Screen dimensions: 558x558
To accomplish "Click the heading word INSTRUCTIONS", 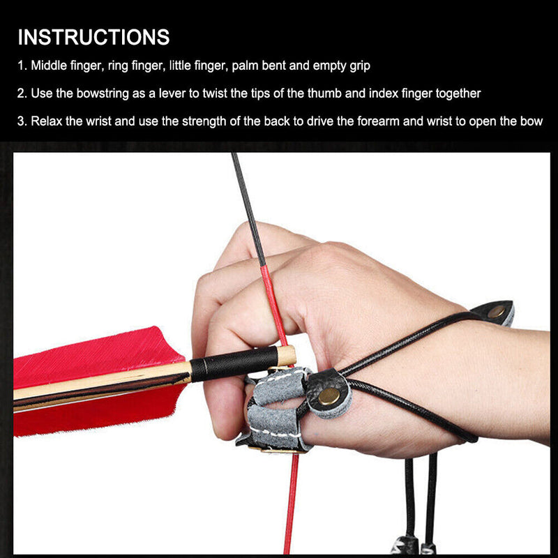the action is [93, 37].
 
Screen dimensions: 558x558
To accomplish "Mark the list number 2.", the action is [22, 93].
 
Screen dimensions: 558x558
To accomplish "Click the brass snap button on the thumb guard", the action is [329, 396].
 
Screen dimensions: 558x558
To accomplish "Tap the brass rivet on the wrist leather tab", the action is [496, 312].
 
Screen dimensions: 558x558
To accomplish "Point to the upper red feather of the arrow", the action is [100, 355].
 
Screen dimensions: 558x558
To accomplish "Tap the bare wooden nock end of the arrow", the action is [287, 355].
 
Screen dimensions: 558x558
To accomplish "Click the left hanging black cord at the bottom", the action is [409, 497].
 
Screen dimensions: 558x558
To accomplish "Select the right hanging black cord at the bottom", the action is [432, 497].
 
